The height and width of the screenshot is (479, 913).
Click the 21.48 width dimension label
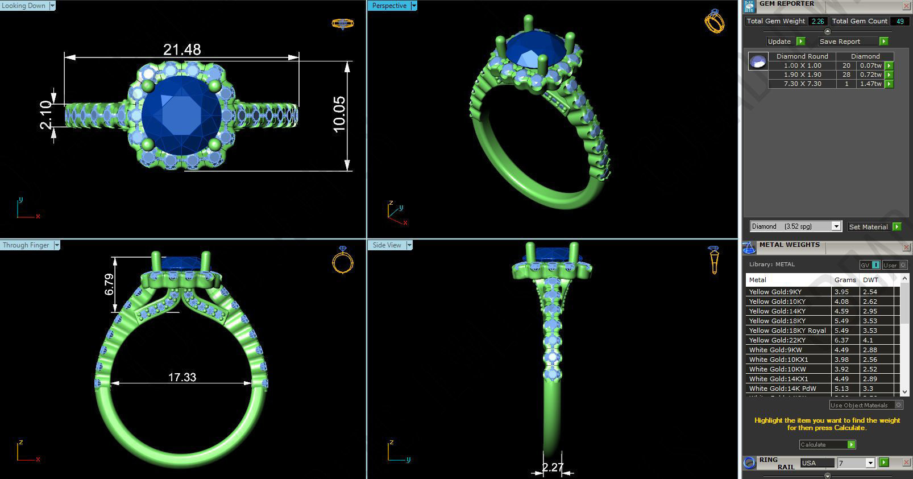(x=182, y=50)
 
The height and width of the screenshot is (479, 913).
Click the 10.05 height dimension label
(x=339, y=114)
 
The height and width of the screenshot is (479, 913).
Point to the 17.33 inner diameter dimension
(x=182, y=377)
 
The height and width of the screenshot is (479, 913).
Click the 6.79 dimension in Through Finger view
(x=109, y=284)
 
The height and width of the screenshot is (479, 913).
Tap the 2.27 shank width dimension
(x=552, y=468)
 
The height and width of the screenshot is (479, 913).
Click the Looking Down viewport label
(x=24, y=6)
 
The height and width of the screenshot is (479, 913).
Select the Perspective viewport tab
(x=389, y=6)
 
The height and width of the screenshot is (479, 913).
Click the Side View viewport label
(x=387, y=245)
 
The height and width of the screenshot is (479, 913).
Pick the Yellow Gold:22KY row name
(x=777, y=340)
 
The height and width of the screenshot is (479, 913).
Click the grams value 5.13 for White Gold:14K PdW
(x=841, y=389)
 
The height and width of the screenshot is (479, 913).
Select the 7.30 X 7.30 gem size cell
(x=802, y=84)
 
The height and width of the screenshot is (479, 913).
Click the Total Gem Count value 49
(x=900, y=21)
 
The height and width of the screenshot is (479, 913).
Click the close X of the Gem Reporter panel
(x=906, y=6)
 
